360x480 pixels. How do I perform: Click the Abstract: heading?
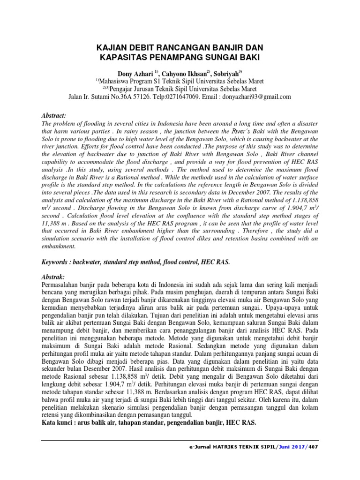click(54, 115)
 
